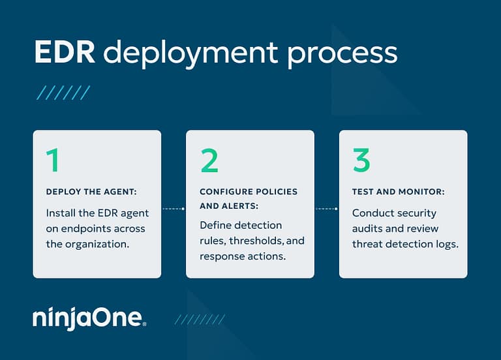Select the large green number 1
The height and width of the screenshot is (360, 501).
pyautogui.click(x=53, y=160)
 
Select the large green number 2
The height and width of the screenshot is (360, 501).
pyautogui.click(x=209, y=160)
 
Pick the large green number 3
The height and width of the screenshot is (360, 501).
pyautogui.click(x=361, y=160)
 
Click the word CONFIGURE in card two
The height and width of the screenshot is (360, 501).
pyautogui.click(x=228, y=192)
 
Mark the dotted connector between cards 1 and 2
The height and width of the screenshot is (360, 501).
pyautogui.click(x=173, y=209)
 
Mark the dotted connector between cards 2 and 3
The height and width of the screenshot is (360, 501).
pyautogui.click(x=326, y=209)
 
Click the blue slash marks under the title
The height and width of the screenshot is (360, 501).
pyautogui.click(x=63, y=92)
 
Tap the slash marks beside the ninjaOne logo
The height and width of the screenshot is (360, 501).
pyautogui.click(x=200, y=319)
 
